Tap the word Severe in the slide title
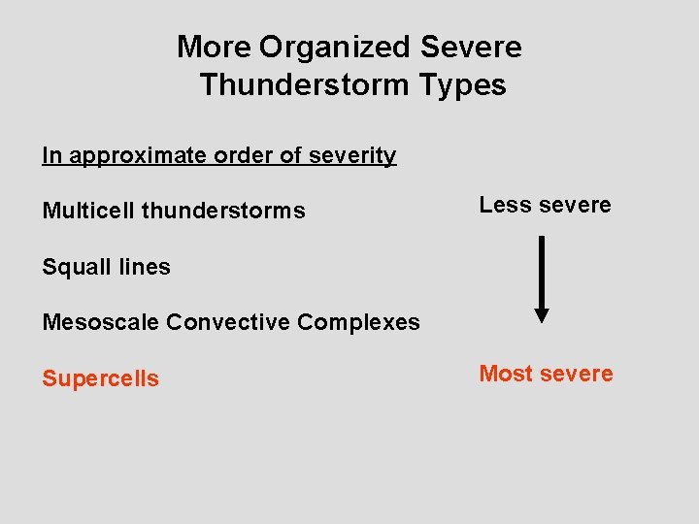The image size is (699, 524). pyautogui.click(x=472, y=47)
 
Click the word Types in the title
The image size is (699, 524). pyautogui.click(x=463, y=85)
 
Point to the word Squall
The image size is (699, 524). pyautogui.click(x=71, y=267)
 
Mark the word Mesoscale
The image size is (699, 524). pyautogui.click(x=101, y=322)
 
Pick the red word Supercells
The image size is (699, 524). pyautogui.click(x=100, y=378)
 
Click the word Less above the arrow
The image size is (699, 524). pyautogui.click(x=503, y=205)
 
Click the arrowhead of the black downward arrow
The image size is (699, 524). pyautogui.click(x=542, y=314)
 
